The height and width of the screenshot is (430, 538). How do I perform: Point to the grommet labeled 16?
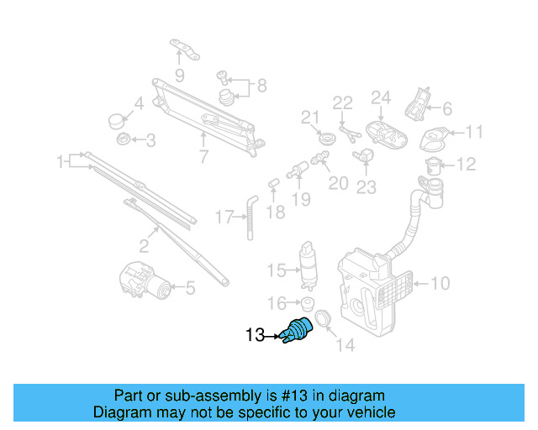(308, 303)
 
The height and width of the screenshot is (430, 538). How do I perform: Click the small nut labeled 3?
(123, 139)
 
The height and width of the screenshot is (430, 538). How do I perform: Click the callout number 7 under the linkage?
(203, 155)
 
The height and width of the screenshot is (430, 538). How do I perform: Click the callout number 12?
(467, 165)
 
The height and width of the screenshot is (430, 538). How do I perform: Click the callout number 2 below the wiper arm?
(143, 246)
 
